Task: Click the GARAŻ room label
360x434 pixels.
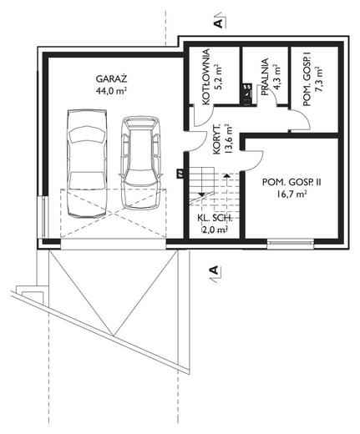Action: point(111,79)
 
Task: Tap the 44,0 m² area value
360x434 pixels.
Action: point(112,91)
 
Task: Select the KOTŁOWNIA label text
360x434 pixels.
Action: point(206,77)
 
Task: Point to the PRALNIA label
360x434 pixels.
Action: point(265,77)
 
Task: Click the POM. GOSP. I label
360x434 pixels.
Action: point(307,81)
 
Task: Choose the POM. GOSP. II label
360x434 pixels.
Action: point(292,183)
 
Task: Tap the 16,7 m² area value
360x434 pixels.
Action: point(292,194)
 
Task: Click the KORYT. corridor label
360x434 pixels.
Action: point(217,143)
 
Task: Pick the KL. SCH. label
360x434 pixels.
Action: point(215,219)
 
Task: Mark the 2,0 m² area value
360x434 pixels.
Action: point(215,230)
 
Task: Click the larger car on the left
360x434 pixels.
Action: point(87,164)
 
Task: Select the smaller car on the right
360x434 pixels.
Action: point(141,163)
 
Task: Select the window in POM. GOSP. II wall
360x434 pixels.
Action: point(291,243)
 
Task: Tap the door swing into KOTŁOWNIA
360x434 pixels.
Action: point(204,116)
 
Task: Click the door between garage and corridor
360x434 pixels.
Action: point(195,140)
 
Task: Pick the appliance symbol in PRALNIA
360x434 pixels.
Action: point(247,94)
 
